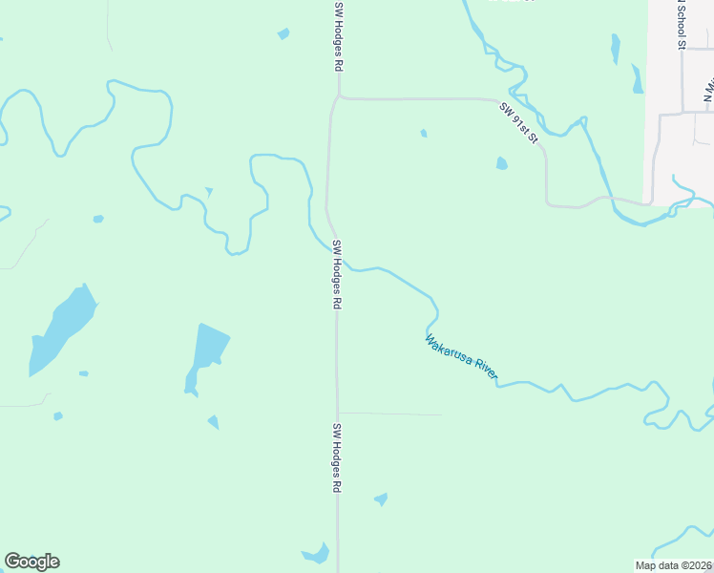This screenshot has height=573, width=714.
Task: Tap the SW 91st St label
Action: pos(519,124)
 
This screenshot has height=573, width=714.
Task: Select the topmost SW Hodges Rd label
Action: pos(338,36)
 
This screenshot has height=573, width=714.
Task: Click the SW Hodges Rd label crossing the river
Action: pos(337,274)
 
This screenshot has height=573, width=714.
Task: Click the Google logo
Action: pos(32,562)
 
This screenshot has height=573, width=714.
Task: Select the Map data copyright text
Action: pos(673,565)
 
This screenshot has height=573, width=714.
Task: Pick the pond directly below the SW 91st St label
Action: pos(502,163)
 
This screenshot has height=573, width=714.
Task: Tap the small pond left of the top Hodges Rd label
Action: pos(283,34)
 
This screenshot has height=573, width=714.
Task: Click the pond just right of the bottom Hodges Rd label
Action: pos(382,499)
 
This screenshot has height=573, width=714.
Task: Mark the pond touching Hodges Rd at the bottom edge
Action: pos(316,554)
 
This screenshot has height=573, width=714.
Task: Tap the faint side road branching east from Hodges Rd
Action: pos(391,414)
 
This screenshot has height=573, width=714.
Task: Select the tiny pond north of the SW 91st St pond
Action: pos(424,133)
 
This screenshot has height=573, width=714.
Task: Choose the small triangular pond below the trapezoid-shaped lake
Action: pos(213,421)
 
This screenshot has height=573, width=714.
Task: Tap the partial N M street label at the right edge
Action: pos(708,91)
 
